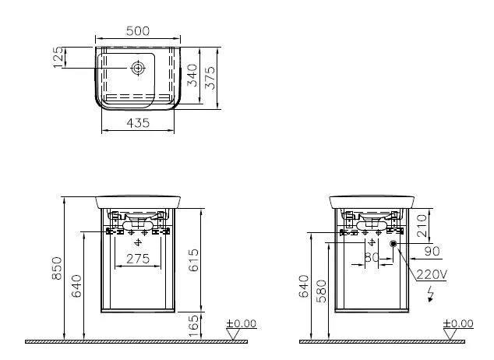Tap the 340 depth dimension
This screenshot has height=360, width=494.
192,75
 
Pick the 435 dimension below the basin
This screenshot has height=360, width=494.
137,123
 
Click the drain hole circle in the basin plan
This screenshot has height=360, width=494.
138,69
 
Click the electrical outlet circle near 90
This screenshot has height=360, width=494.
393,244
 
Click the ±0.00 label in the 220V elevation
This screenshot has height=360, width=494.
458,323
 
